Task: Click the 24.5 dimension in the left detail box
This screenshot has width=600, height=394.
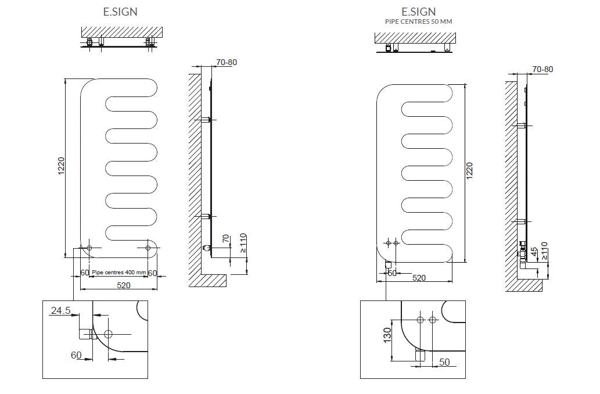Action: [x=61, y=310]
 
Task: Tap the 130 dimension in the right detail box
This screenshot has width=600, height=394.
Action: [x=387, y=335]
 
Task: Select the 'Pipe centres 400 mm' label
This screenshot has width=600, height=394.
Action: [x=119, y=272]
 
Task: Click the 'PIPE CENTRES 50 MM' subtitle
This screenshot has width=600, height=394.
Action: [x=418, y=22]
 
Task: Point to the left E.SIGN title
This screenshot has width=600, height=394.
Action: [x=120, y=12]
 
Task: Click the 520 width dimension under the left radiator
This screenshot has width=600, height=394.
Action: [x=124, y=285]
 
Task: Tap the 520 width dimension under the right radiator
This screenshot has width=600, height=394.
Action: [x=419, y=278]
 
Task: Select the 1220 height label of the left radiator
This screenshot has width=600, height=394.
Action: [x=61, y=166]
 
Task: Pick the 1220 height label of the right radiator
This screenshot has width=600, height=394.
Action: [x=469, y=171]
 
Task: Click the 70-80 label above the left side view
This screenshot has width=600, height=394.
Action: [x=227, y=62]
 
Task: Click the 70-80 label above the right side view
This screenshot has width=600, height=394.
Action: [x=542, y=69]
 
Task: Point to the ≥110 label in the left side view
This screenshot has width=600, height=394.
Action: [x=243, y=243]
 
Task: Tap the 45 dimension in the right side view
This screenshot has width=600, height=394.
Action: [x=534, y=252]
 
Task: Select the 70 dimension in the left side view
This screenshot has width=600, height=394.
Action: [x=226, y=238]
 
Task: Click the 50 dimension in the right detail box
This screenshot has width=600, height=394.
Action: [x=444, y=362]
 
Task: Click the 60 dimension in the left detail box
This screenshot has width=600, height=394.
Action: [x=76, y=355]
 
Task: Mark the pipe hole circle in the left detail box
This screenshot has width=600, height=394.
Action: [x=108, y=334]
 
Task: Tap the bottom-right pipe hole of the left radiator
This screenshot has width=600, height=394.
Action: [x=149, y=248]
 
